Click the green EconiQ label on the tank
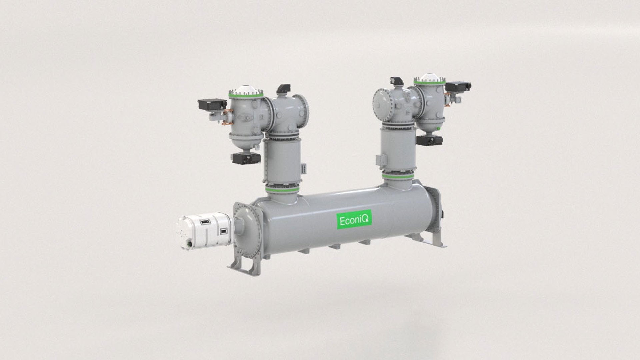click(354, 221)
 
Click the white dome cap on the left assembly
click(246, 90)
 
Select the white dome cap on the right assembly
click(430, 78)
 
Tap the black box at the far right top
click(458, 87)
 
